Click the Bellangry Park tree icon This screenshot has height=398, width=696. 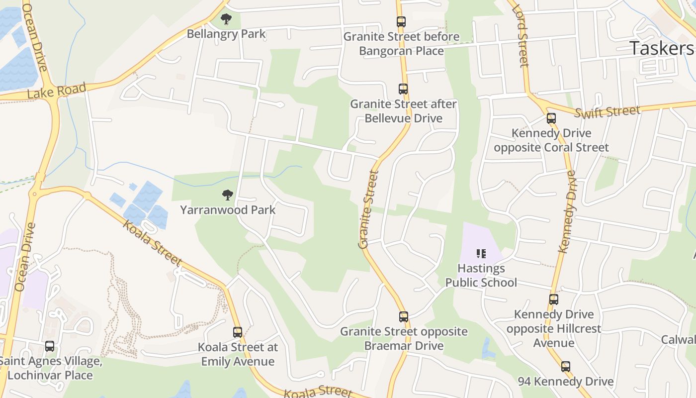226,19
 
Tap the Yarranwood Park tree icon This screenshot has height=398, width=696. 228,195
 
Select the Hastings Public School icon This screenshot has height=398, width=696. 481,254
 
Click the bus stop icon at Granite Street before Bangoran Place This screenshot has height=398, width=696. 401,22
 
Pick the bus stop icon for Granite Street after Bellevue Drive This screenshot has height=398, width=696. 403,89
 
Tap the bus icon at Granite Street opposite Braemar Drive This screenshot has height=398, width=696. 404,317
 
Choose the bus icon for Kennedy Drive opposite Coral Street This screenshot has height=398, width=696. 551,118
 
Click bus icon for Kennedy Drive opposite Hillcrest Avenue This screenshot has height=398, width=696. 554,299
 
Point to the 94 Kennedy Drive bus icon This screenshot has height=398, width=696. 566,367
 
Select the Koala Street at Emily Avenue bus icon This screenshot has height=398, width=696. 238,332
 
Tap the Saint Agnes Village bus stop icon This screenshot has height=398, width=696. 50,346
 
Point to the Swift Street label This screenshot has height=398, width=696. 607,112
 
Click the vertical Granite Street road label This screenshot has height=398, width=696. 368,209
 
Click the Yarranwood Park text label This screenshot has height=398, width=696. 228,210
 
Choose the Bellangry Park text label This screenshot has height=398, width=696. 226,34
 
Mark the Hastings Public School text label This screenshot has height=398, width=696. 481,276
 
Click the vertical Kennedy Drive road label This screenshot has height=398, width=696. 566,211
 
